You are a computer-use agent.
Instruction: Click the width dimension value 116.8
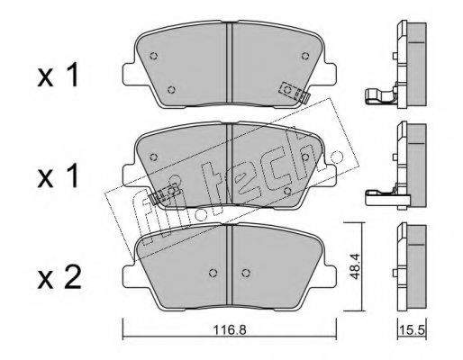(x=230, y=330)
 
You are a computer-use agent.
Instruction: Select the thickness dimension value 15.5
(x=412, y=330)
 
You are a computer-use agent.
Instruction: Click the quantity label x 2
(x=59, y=278)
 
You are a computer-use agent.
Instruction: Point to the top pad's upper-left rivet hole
(x=154, y=56)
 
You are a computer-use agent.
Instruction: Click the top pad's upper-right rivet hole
(x=305, y=56)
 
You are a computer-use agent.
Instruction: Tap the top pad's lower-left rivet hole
(x=171, y=89)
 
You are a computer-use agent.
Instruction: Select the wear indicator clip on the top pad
(x=295, y=93)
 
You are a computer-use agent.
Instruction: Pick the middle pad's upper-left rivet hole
(x=154, y=157)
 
